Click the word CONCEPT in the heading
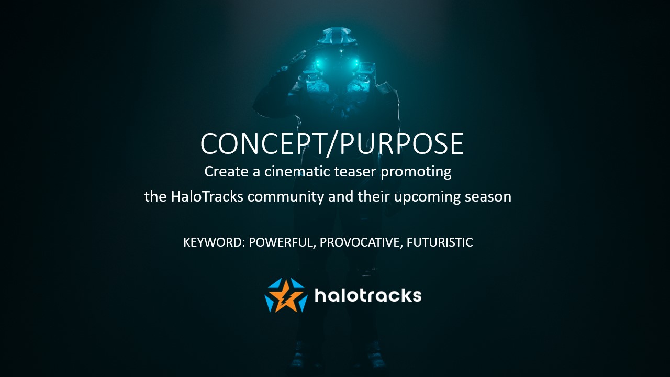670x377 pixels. pyautogui.click(x=263, y=143)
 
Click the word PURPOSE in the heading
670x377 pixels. pyautogui.click(x=401, y=143)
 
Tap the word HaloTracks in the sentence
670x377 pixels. pyautogui.click(x=207, y=196)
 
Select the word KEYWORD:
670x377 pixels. pyautogui.click(x=214, y=242)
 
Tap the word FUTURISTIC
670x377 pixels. pyautogui.click(x=440, y=242)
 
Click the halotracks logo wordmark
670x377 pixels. pyautogui.click(x=368, y=295)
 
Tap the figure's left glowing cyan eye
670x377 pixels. pyautogui.click(x=318, y=63)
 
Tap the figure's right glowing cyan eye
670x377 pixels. pyautogui.click(x=355, y=63)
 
